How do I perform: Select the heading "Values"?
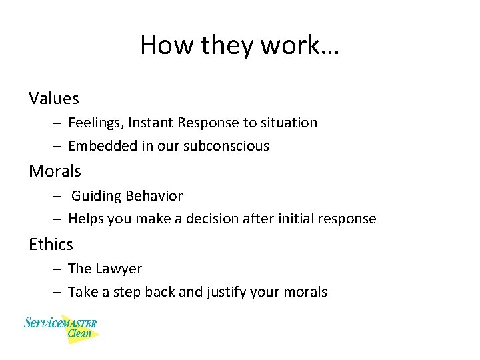54,99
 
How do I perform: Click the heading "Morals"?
55,171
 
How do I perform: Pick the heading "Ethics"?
51,245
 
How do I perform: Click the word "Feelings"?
96,123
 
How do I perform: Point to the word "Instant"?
152,123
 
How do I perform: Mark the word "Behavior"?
155,196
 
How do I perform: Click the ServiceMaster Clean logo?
61,328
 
